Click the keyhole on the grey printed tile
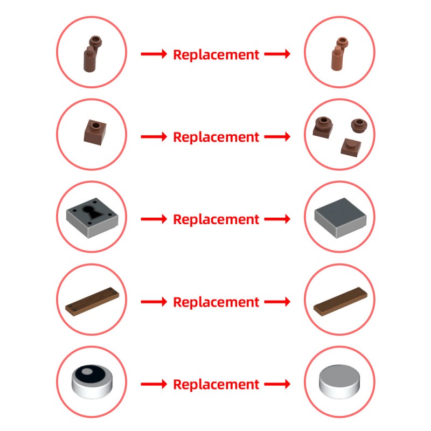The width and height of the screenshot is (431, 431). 91,212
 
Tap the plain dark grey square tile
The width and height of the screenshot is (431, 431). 340,218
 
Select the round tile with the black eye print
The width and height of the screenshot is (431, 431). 92,381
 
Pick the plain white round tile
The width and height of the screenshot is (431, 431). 339,381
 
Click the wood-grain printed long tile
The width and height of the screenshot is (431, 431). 92,302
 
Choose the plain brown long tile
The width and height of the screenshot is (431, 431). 340,302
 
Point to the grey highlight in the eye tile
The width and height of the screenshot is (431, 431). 87,372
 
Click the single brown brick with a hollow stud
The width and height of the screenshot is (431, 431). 95,132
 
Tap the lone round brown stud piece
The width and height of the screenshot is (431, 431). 359,126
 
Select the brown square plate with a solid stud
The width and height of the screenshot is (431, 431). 351,147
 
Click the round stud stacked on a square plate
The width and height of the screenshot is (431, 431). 323,127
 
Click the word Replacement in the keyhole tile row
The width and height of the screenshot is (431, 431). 216,219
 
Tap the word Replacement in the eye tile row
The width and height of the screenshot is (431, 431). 216,384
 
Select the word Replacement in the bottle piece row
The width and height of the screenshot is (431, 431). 216,55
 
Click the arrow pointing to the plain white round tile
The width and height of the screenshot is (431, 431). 277,384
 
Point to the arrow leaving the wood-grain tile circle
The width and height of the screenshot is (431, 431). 154,302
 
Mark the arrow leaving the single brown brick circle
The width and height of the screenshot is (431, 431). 154,137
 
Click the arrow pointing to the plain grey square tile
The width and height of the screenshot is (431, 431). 277,219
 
